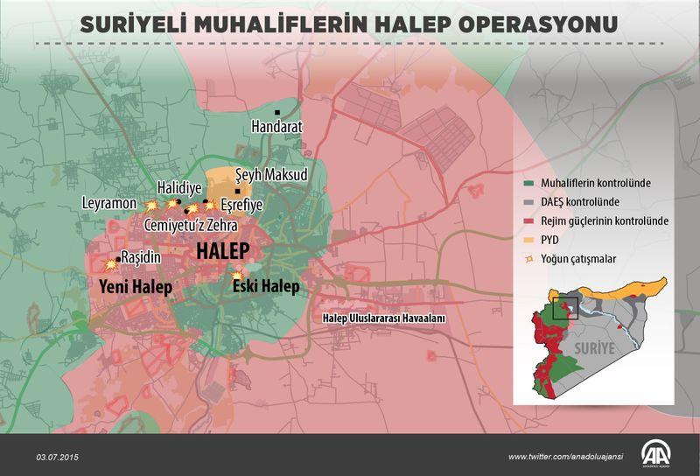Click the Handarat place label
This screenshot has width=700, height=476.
pos(276,127)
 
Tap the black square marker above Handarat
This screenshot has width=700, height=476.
pos(276,113)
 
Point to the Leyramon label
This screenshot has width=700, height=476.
pos(108,203)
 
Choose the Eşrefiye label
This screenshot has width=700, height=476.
pos(241,206)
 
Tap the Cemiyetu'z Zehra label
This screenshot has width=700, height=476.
pos(190,225)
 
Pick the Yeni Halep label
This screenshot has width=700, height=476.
pos(135,287)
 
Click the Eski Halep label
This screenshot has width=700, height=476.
pos(265,286)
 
